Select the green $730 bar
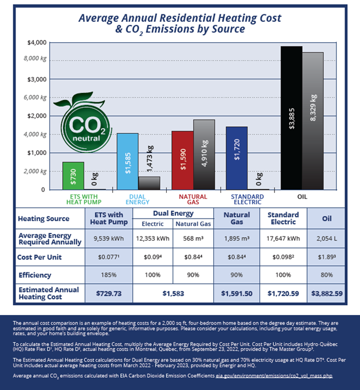[73, 176]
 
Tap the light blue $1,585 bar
[127, 162]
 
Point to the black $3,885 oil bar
[291, 118]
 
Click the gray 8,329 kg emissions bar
[313, 121]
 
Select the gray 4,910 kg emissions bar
[204, 155]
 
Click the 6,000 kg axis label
[36, 97]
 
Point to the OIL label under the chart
[302, 196]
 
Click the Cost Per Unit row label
[39, 257]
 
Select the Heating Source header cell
[44, 219]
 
